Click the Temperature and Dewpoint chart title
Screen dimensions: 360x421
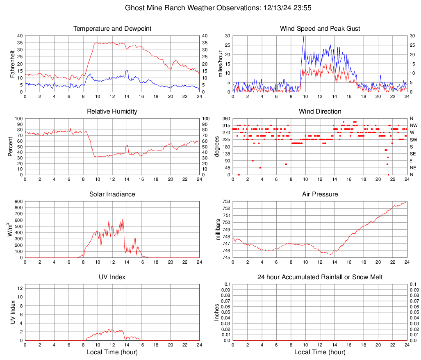[x=112, y=29]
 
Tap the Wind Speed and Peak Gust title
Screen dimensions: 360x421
[x=320, y=29]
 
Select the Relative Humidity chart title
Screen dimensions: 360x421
[x=112, y=112]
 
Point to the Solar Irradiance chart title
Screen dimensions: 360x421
[x=112, y=194]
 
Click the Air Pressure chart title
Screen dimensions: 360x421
[x=320, y=194]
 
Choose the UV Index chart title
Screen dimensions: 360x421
[x=112, y=277]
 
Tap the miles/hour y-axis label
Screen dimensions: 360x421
[x=220, y=64]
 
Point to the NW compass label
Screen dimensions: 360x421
[x=414, y=125]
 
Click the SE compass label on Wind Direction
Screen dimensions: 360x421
[x=413, y=154]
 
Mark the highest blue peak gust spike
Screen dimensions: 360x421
[x=303, y=37]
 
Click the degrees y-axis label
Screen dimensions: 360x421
[x=218, y=147]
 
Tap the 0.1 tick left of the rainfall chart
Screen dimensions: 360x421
[x=227, y=284]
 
